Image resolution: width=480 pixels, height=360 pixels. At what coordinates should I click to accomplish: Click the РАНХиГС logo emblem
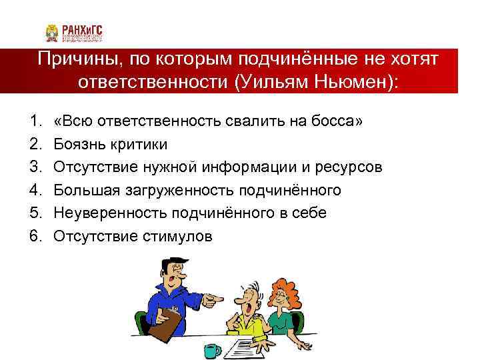tap(53, 33)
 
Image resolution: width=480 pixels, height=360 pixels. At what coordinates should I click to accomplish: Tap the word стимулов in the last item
tap(177, 235)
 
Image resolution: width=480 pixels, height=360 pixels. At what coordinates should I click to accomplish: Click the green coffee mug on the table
tap(213, 349)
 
